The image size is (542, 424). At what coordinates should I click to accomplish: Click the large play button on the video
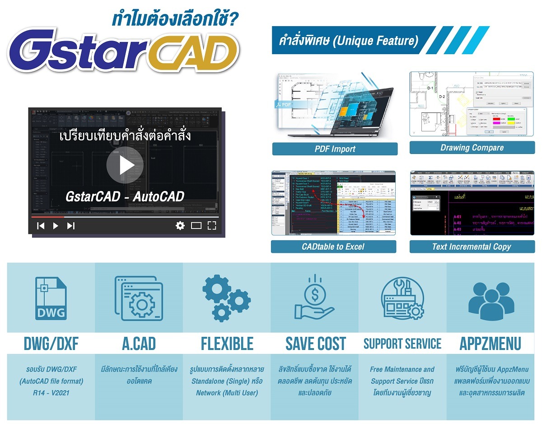pos(125,165)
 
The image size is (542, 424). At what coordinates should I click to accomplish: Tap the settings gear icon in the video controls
pos(180,226)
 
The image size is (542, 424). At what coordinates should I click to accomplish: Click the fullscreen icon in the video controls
pos(211,226)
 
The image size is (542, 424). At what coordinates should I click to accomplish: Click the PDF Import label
pos(335,149)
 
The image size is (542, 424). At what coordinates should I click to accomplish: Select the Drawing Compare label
pos(472,148)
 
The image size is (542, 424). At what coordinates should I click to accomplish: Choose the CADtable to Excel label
pos(333,247)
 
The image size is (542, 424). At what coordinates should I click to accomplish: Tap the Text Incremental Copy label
pos(472,247)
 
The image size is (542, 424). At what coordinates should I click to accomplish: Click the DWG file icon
pos(51,298)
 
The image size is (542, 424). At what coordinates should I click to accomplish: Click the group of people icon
pos(491,299)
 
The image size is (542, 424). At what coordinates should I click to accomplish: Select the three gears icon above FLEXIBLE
pos(226,298)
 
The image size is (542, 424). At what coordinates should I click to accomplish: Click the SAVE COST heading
pos(315,344)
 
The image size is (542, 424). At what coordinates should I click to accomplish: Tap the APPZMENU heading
pos(490,344)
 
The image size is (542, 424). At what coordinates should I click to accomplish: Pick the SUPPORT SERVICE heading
pos(402,344)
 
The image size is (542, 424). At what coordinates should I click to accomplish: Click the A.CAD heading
pos(139,344)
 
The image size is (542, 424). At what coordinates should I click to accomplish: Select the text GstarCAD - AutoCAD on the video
pos(125,196)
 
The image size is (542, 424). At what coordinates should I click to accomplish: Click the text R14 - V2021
pos(51,392)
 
